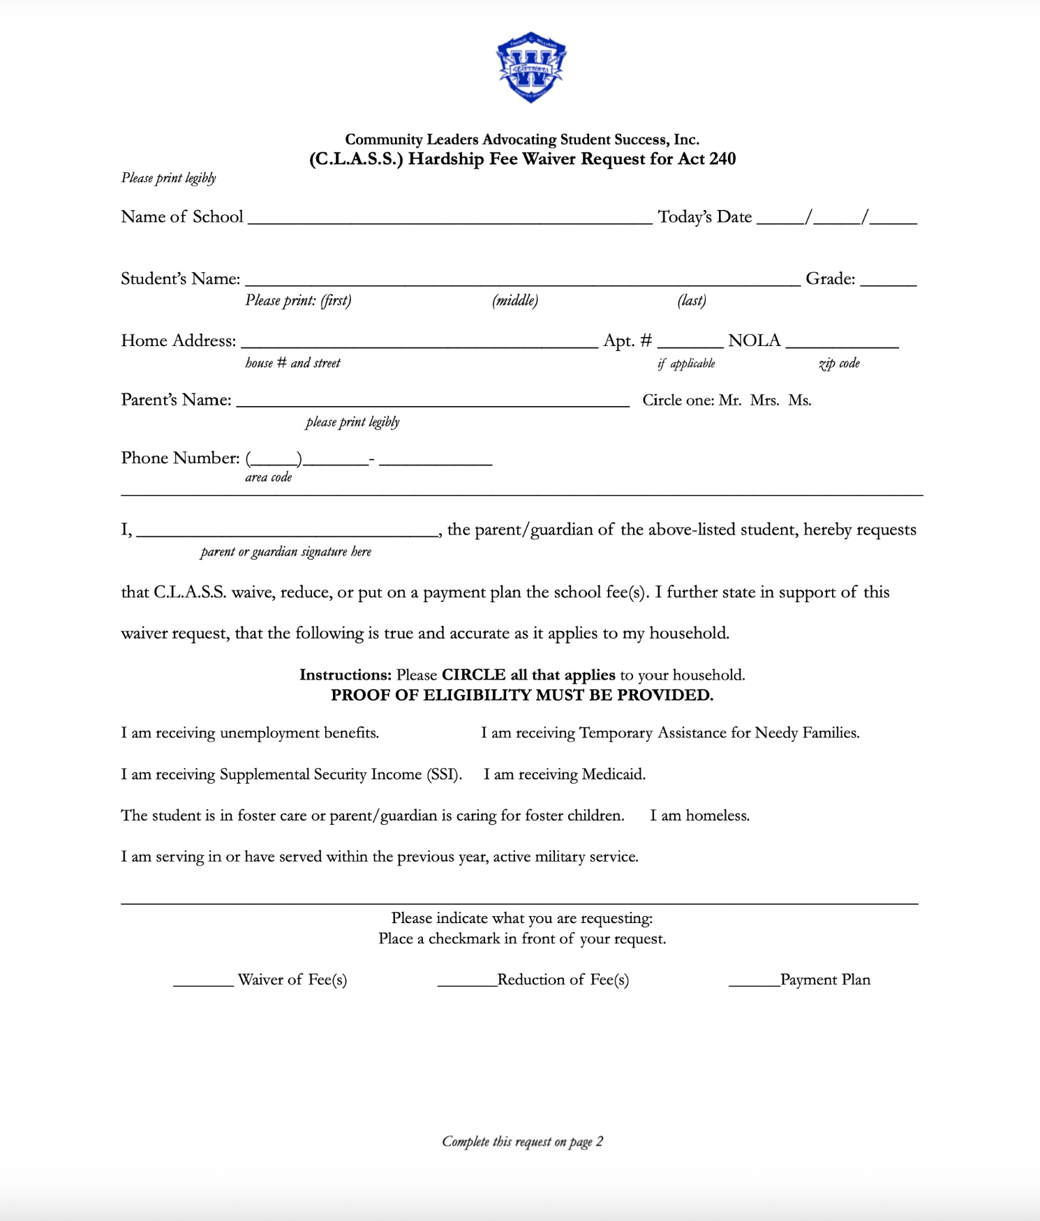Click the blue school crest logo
tap(531, 68)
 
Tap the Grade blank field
tap(888, 280)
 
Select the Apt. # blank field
tap(690, 343)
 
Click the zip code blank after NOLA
tap(842, 343)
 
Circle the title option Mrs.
tap(764, 400)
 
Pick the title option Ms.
tap(799, 400)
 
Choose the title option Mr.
tap(729, 400)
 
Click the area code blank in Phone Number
tap(274, 460)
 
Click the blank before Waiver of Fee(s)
tap(203, 982)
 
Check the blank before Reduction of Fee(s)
tap(467, 982)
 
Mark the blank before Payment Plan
tap(754, 982)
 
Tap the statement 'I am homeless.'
tap(699, 816)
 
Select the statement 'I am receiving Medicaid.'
tap(565, 774)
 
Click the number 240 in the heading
tap(722, 159)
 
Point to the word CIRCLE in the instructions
tap(473, 675)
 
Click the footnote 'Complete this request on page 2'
tap(522, 1141)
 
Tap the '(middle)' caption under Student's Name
tap(515, 301)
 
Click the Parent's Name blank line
tap(433, 401)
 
